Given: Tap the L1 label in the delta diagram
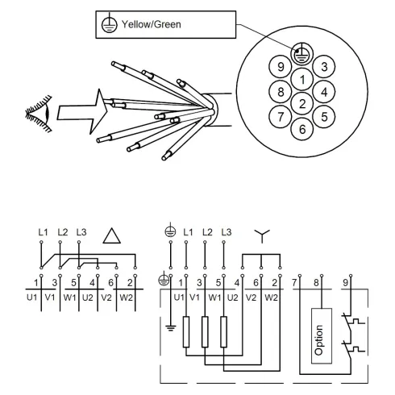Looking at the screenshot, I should click(42, 232).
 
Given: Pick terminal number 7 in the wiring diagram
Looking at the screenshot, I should click(296, 281).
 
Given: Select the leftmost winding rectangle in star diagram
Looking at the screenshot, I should click(186, 331).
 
